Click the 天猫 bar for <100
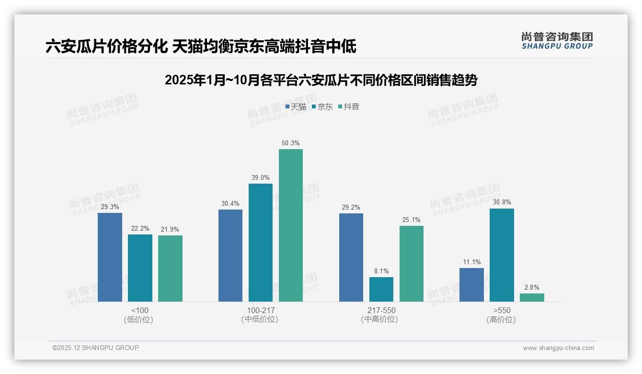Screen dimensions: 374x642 coord(110,257)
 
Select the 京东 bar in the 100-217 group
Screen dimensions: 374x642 coord(260,243)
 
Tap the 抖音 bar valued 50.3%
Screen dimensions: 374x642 coord(291,225)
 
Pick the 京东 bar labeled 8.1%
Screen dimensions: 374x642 coord(381,289)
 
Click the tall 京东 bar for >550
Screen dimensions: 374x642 coord(502,255)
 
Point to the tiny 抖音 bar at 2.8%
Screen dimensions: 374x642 coord(532,297)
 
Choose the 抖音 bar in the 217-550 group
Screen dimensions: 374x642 coord(412,264)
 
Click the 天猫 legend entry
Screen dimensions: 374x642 coord(296,107)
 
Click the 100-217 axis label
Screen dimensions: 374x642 coord(261,310)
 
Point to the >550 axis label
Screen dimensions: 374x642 coord(501,310)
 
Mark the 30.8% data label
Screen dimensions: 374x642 coord(502,202)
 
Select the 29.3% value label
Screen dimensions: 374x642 coord(110,207)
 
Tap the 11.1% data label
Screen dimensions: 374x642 coord(471,262)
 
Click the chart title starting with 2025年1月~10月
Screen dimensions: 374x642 coord(321,80)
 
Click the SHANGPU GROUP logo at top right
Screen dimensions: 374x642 coord(557,40)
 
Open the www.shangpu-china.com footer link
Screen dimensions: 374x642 coord(558,348)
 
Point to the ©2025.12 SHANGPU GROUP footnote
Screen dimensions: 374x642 coord(96,348)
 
